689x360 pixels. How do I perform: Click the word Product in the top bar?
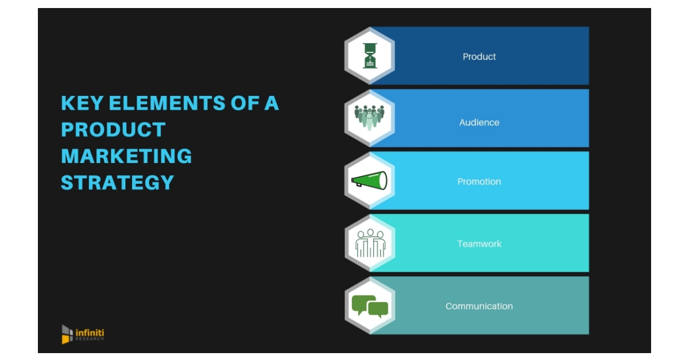click(479, 57)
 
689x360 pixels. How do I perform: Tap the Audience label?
click(479, 122)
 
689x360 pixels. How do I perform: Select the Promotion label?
click(479, 181)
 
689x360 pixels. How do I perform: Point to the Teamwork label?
click(479, 244)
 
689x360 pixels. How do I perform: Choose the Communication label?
click(479, 306)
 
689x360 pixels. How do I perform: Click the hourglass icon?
click(370, 56)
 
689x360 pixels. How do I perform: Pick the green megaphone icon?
click(369, 180)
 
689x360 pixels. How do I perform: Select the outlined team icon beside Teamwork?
click(370, 243)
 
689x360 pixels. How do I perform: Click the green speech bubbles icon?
click(370, 305)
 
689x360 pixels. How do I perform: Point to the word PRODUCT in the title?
click(113, 130)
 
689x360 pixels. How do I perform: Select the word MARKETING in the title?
click(126, 156)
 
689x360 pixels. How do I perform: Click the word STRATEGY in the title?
click(117, 183)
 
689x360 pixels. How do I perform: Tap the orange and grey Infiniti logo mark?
click(67, 334)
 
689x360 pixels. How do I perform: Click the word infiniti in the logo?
click(90, 332)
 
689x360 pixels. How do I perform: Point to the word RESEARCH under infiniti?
click(90, 339)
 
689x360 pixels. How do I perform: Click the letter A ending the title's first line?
click(271, 103)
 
